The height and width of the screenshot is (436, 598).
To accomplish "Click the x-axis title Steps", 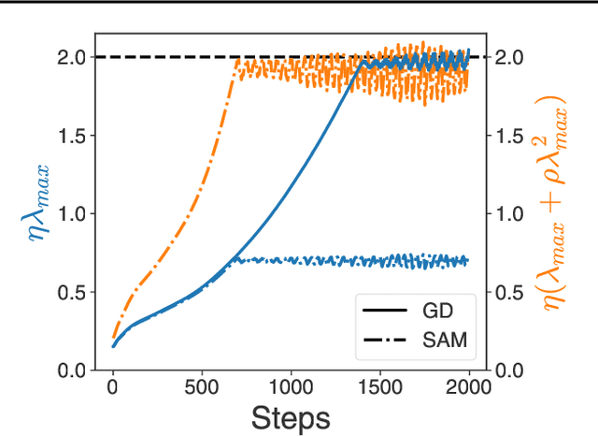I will click(x=290, y=417).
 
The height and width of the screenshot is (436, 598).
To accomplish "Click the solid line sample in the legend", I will click(x=379, y=308).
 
